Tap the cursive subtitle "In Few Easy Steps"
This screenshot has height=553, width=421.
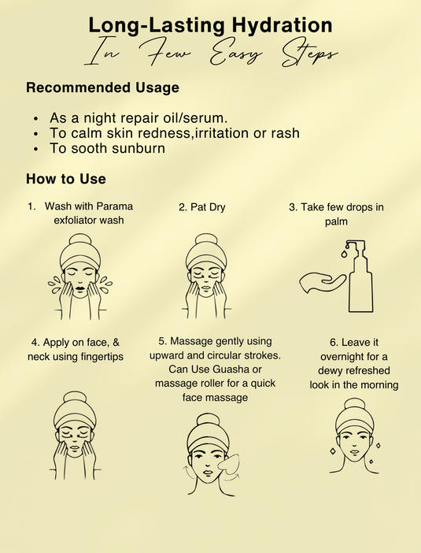tap(210, 55)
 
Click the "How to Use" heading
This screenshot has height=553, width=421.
tap(66, 179)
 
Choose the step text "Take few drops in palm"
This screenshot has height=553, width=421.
tap(336, 213)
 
